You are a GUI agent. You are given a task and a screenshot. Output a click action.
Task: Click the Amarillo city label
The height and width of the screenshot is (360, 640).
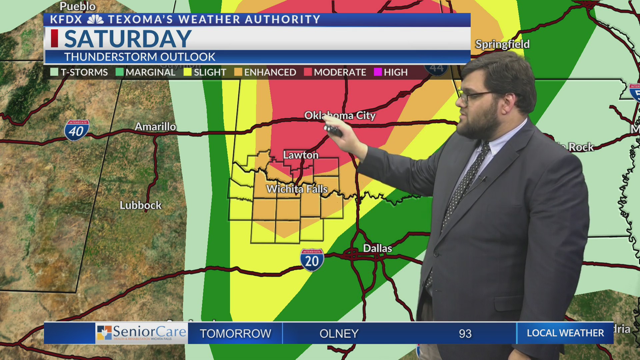tap(155, 127)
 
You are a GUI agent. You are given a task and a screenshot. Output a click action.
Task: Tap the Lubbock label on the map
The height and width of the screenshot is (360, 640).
tap(141, 205)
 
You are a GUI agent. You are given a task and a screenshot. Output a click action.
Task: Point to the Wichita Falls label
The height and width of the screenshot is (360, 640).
tap(297, 189)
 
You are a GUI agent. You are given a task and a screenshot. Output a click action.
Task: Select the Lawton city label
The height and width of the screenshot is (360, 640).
tap(301, 155)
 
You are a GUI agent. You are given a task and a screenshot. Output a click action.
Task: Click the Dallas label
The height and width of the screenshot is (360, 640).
tap(377, 248)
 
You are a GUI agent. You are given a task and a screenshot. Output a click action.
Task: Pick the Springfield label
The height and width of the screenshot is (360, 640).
tap(502, 44)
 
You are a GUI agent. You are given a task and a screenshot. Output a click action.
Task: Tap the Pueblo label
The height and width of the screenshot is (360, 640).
tap(78, 6)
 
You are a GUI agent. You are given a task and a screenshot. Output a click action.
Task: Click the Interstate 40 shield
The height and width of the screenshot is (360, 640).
tap(77, 130)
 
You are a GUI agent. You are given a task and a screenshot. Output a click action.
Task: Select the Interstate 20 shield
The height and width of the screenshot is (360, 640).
tap(312, 260)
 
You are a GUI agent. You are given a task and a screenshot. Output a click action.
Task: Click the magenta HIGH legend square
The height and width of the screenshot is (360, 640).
tap(378, 72)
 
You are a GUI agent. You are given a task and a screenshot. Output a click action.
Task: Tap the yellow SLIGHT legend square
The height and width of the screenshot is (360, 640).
tap(188, 72)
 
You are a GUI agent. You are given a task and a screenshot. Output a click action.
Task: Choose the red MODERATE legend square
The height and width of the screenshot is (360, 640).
tap(308, 72)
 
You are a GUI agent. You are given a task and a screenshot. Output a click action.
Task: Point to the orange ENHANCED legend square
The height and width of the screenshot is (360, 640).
tap(238, 72)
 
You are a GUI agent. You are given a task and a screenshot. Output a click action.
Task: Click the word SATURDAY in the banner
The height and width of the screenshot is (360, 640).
tap(128, 39)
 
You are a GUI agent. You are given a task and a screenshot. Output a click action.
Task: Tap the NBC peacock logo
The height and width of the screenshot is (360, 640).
tap(95, 20)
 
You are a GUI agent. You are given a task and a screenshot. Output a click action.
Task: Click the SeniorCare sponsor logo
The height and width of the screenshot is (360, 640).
tap(142, 333)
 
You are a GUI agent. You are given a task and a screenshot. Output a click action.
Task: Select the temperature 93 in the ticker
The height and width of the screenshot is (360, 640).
tap(465, 334)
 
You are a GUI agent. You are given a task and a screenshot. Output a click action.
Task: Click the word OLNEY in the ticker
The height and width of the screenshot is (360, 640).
tap(339, 334)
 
